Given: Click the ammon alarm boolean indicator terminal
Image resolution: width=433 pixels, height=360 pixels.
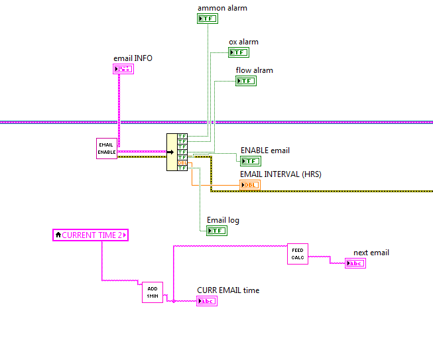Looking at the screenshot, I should point(208,19).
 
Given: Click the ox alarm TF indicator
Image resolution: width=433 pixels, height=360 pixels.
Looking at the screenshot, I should point(239,52).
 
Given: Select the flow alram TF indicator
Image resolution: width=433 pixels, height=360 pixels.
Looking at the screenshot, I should point(246,81).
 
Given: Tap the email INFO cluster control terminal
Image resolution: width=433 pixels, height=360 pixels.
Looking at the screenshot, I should point(123,68).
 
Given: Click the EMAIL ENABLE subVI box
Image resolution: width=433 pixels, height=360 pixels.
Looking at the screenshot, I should point(106,149).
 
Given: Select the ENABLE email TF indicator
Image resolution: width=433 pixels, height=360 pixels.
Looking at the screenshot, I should point(251,160).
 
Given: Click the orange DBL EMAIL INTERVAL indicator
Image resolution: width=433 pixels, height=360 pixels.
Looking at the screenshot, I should point(250,185).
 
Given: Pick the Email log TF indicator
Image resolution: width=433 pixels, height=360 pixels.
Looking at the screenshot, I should point(217,231).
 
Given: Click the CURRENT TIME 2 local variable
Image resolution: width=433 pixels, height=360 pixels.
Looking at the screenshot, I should point(90,235).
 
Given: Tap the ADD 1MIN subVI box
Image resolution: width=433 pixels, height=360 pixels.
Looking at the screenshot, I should point(152,292).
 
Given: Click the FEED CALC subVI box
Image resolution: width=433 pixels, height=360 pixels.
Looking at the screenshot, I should point(298,253).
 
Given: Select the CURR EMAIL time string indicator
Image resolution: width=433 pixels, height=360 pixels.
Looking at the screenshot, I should point(207,301).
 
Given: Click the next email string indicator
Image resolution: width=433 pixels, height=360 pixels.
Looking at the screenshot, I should point(355,263).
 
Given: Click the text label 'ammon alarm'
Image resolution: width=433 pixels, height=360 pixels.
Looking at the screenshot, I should point(222,8).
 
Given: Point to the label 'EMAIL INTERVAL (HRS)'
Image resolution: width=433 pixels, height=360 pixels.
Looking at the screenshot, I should point(280,174).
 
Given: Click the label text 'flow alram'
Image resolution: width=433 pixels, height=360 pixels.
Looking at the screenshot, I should point(254,70).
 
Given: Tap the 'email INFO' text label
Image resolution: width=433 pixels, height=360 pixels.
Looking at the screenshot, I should point(133,58).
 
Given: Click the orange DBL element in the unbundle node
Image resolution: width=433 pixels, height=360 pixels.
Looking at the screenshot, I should point(182,162).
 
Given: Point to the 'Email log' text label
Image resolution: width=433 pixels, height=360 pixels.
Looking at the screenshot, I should point(223,220).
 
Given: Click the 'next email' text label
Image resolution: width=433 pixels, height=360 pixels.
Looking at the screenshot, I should point(371,253).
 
